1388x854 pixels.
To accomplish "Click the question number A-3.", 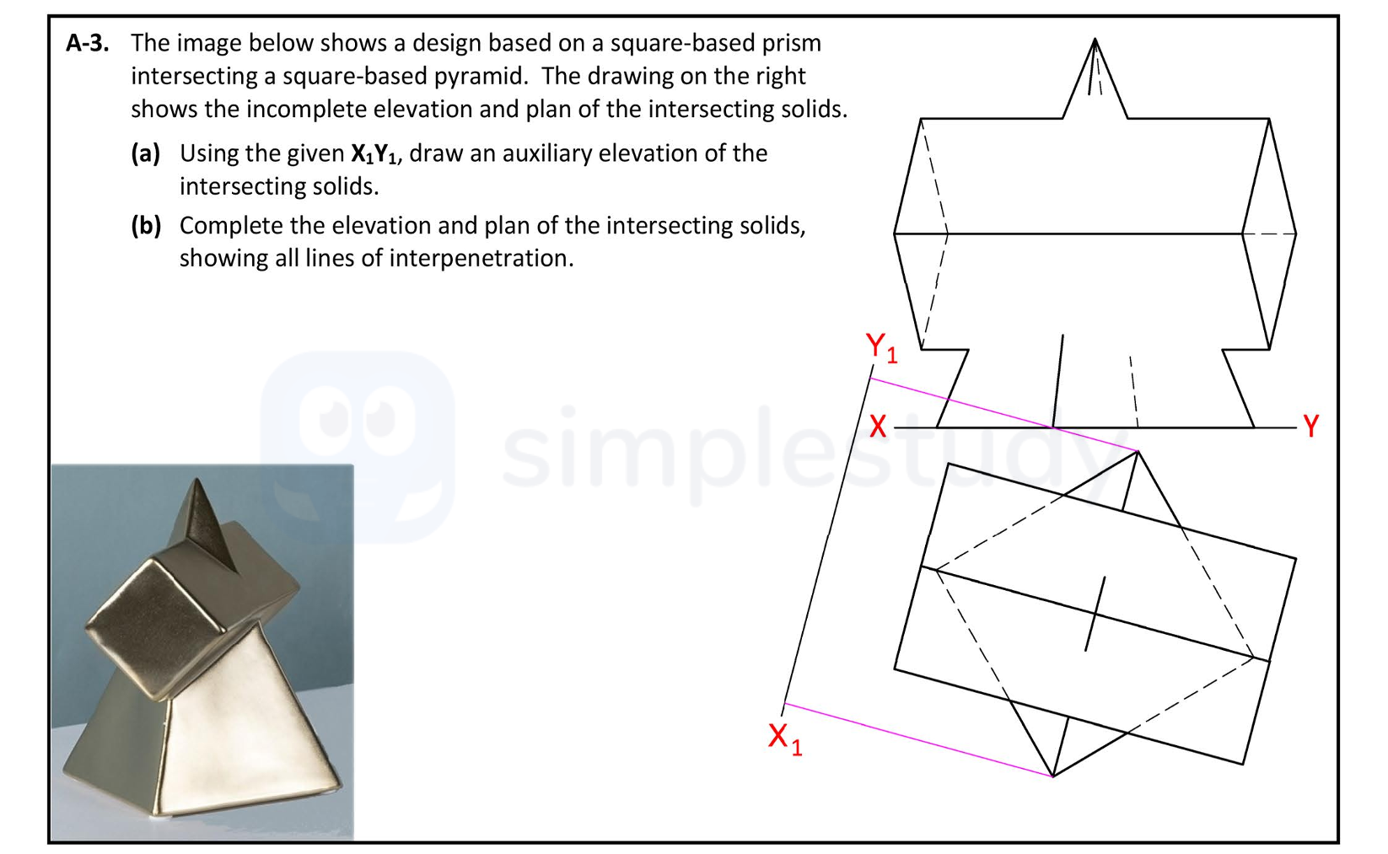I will pyautogui.click(x=87, y=43).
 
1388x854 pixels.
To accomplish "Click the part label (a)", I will pyautogui.click(x=145, y=153).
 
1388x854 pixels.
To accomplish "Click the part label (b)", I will pyautogui.click(x=145, y=226).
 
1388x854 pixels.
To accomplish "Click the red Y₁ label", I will pyautogui.click(x=880, y=346).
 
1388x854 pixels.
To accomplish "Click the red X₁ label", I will pyautogui.click(x=783, y=738).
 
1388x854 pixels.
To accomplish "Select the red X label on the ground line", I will pyautogui.click(x=877, y=427).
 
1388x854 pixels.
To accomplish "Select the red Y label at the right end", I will pyautogui.click(x=1310, y=426).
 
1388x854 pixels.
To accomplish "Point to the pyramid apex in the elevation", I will pyautogui.click(x=1095, y=40).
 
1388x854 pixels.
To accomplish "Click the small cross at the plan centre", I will pyautogui.click(x=1095, y=614).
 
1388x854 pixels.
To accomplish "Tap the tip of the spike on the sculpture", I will pyautogui.click(x=196, y=482).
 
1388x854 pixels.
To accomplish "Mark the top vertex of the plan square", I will pyautogui.click(x=1138, y=453).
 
